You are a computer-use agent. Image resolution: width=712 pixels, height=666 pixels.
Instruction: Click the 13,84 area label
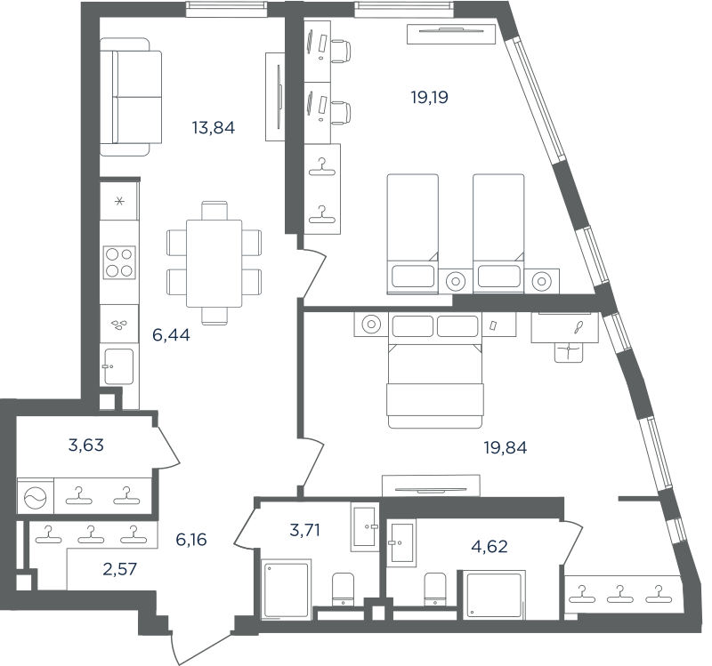214,128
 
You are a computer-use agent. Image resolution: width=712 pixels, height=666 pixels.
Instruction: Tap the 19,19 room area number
430,97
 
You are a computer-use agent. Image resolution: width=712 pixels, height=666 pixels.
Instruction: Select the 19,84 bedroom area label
506,448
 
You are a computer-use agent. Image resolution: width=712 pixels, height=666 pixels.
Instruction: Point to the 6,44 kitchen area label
171,335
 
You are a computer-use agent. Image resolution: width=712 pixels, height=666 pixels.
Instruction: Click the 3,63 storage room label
86,445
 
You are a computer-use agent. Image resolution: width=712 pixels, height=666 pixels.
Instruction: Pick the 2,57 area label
120,569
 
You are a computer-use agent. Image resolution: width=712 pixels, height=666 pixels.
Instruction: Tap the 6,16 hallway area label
191,540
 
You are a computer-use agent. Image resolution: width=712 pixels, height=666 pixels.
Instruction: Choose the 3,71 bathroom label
304,530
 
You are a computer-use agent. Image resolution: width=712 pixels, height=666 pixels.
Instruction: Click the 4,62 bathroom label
489,547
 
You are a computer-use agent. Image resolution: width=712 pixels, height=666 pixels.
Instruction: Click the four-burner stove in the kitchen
119,262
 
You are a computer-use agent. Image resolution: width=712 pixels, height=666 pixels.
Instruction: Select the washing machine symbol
36,496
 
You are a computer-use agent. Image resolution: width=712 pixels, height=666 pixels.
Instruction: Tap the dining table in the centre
214,263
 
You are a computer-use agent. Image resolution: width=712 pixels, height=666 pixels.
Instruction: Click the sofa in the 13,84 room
131,97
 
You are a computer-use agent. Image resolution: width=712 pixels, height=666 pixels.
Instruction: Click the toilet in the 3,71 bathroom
343,589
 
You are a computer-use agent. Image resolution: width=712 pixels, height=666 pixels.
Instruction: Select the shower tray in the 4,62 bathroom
494,595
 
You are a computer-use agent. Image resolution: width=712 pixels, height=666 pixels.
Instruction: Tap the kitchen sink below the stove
119,366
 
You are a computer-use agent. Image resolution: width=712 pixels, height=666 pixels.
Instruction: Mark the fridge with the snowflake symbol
119,201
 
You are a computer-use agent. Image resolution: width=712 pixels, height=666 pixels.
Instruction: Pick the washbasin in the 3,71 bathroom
364,526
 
